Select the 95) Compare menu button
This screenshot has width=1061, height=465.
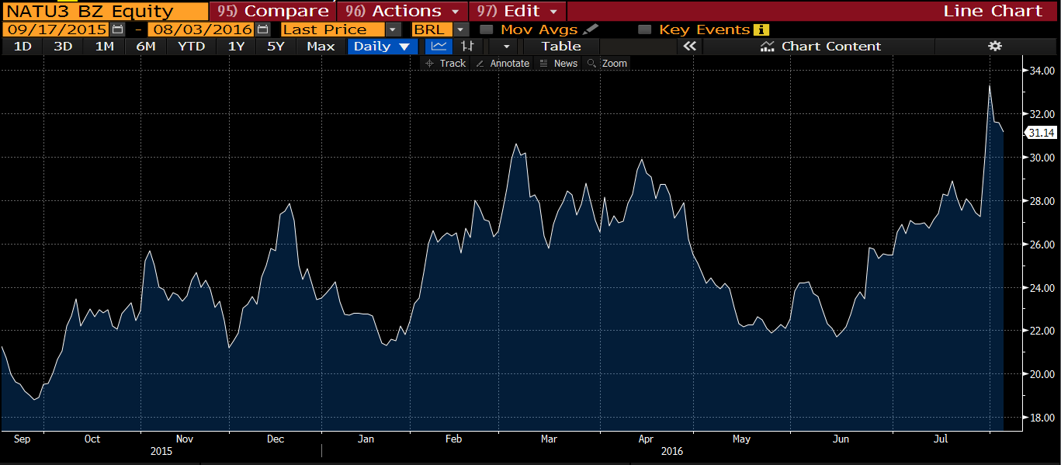[x=272, y=11]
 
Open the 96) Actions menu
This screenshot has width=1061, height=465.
[x=402, y=11]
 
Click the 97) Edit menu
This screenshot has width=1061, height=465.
[x=517, y=11]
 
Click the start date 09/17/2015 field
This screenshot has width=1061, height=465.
[x=56, y=29]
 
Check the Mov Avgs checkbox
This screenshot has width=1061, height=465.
[x=487, y=29]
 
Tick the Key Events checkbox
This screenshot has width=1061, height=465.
[x=644, y=29]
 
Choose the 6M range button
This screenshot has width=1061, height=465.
[x=145, y=47]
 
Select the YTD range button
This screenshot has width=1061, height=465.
[x=191, y=47]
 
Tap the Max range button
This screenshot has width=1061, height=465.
[x=321, y=47]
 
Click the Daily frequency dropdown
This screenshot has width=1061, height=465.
[x=381, y=47]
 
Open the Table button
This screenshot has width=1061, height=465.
[x=561, y=47]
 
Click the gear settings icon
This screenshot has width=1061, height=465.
[x=994, y=47]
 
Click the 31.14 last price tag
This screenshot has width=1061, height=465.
[x=1041, y=133]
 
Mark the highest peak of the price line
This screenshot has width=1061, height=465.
[x=989, y=85]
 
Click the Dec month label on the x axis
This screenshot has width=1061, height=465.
[x=276, y=439]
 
